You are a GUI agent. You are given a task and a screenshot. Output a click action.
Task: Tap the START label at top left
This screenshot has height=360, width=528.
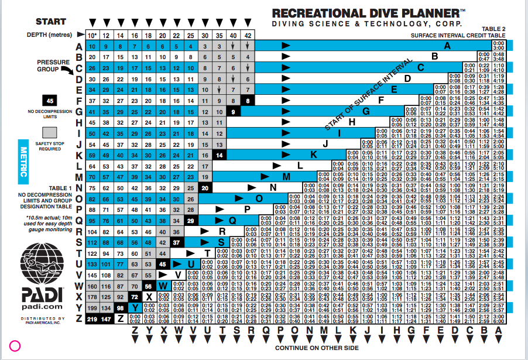click(51, 22)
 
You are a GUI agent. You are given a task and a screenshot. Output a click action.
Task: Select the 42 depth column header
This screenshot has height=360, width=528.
click(248, 36)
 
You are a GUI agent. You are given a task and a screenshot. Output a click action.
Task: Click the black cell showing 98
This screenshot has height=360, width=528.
click(119, 308)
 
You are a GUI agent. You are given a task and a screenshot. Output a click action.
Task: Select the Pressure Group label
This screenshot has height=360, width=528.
click(53, 66)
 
